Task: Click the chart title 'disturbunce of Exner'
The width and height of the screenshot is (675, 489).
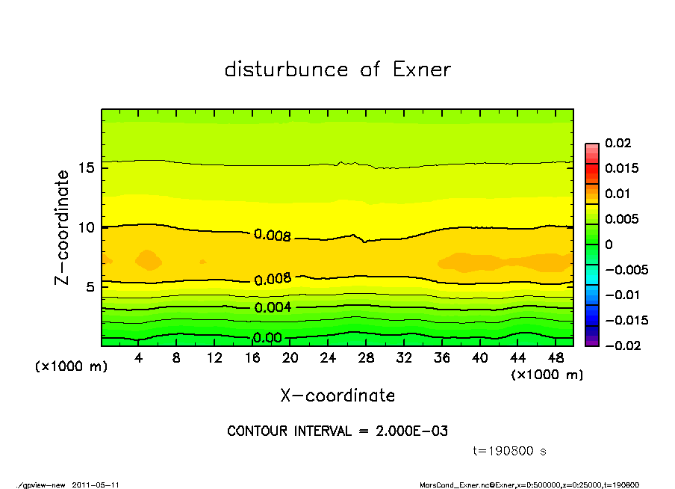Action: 337,70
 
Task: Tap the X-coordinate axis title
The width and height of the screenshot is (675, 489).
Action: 337,395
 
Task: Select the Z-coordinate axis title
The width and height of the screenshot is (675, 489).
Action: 62,227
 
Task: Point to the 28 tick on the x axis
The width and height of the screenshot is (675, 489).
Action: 366,358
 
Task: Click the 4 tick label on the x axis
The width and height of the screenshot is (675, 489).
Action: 139,358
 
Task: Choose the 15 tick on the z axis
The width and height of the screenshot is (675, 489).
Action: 87,167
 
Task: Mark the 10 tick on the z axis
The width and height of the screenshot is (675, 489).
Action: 87,227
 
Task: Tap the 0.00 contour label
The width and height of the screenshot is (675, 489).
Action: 267,338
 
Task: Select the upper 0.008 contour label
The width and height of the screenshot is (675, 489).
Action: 272,236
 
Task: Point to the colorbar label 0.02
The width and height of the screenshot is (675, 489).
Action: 618,143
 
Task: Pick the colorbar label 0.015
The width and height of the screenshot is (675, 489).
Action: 620,168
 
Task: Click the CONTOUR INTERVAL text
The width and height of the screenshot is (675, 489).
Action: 337,431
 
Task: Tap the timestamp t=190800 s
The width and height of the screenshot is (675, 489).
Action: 510,451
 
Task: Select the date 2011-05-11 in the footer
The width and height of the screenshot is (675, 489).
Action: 96,485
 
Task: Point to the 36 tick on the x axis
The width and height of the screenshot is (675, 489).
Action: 442,358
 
